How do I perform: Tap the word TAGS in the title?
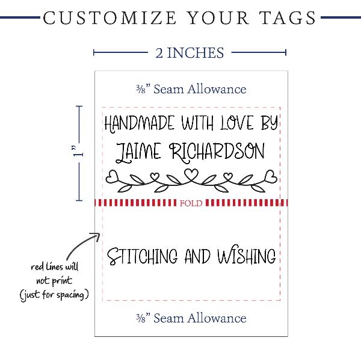[286, 17]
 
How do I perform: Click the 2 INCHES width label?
[190, 53]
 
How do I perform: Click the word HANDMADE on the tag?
[139, 124]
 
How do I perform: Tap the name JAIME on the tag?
[138, 151]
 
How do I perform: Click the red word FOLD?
[191, 203]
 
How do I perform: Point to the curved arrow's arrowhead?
[97, 236]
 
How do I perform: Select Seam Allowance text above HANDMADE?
[191, 89]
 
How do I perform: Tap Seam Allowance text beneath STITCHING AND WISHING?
[191, 318]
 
